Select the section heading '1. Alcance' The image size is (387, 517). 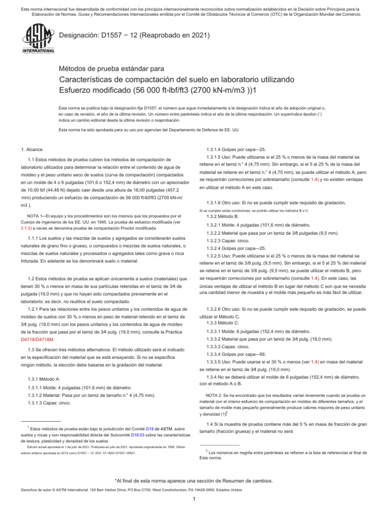coord(32,149)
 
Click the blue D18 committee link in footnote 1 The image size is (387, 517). coord(149,428)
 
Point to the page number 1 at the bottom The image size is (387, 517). coord(193,500)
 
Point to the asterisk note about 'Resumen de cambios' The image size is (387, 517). coord(193,481)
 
